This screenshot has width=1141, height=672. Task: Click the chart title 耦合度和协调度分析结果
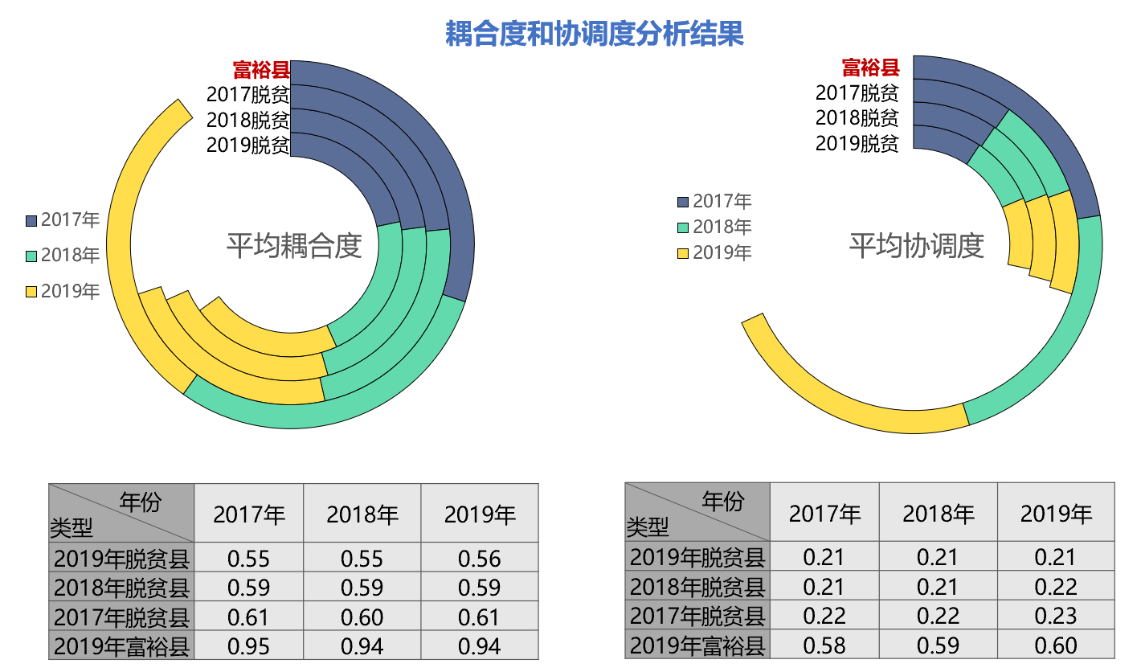click(x=595, y=34)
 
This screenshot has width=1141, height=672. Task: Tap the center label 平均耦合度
click(x=294, y=245)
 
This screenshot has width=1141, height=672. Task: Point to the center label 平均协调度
click(x=917, y=246)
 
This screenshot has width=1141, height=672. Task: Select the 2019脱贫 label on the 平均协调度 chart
click(x=857, y=144)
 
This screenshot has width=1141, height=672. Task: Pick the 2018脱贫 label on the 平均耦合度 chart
click(x=248, y=121)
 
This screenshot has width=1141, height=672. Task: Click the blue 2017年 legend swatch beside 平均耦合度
click(x=32, y=220)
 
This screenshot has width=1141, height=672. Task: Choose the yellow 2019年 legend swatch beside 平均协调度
click(x=683, y=253)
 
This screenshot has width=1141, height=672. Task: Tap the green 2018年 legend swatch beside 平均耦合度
click(x=32, y=256)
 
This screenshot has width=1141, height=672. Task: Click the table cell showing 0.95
click(x=248, y=645)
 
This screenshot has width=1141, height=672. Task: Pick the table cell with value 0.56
click(x=479, y=559)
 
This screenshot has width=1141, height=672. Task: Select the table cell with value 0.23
click(x=1055, y=616)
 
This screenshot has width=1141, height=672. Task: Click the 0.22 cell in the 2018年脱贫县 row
click(x=1055, y=587)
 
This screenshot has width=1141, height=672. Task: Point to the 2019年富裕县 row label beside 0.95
click(x=121, y=645)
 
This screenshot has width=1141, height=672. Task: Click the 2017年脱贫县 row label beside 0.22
click(x=697, y=616)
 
